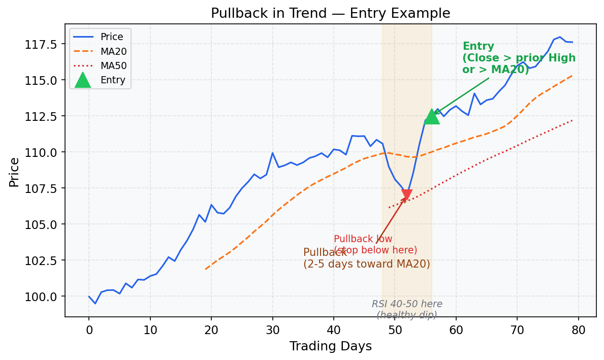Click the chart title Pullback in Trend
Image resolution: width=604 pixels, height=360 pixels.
click(330, 13)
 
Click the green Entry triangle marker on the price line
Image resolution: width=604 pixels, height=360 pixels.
click(432, 116)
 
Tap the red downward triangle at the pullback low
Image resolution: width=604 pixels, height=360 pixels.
click(407, 195)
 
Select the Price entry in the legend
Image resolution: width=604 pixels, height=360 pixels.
click(111, 37)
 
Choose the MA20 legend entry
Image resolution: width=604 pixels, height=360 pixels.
click(113, 51)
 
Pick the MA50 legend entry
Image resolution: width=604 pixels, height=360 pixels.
click(113, 66)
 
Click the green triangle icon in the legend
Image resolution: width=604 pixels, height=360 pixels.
click(82, 80)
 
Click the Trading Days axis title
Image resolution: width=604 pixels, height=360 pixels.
click(330, 346)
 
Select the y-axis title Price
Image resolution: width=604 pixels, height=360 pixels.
click(14, 172)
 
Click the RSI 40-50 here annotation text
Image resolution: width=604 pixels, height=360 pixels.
click(407, 304)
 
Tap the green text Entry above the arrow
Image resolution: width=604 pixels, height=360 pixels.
click(479, 46)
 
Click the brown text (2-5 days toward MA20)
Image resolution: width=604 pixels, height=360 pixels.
click(366, 264)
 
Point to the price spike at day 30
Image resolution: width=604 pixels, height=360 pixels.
click(272, 153)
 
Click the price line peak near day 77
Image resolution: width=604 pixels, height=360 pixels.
click(559, 37)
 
